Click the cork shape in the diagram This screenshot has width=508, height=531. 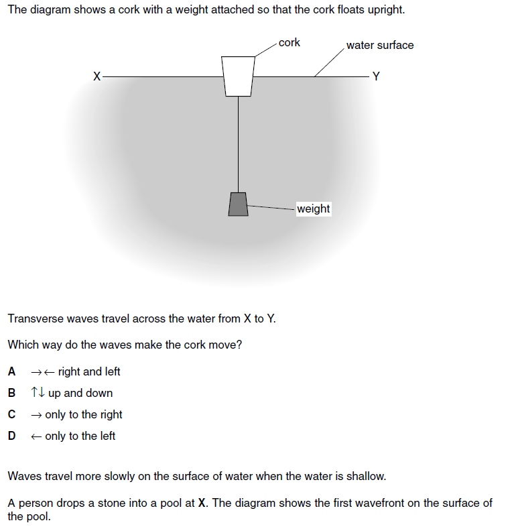click(238, 75)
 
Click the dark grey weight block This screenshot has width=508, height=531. click(238, 204)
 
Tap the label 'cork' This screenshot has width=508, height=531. click(289, 43)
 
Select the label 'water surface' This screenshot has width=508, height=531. click(380, 45)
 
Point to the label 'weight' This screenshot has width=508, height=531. click(313, 209)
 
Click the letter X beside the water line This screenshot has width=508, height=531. click(97, 76)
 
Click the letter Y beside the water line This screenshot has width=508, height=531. click(376, 76)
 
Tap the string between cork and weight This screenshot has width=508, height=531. click(238, 141)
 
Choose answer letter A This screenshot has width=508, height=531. click(11, 371)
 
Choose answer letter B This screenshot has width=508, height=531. click(11, 393)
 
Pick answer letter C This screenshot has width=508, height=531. click(11, 414)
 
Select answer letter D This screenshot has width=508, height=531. click(11, 436)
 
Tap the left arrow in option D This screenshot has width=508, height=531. click(36, 436)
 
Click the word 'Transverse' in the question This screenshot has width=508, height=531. click(35, 318)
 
